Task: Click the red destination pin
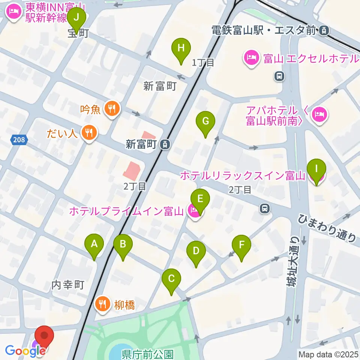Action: pos(44,336)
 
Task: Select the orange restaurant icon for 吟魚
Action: pos(111,109)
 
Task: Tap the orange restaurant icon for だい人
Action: pos(89,133)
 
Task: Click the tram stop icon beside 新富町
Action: pos(164,144)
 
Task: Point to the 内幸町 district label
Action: pos(67,285)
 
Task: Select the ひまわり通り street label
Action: pos(327,228)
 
